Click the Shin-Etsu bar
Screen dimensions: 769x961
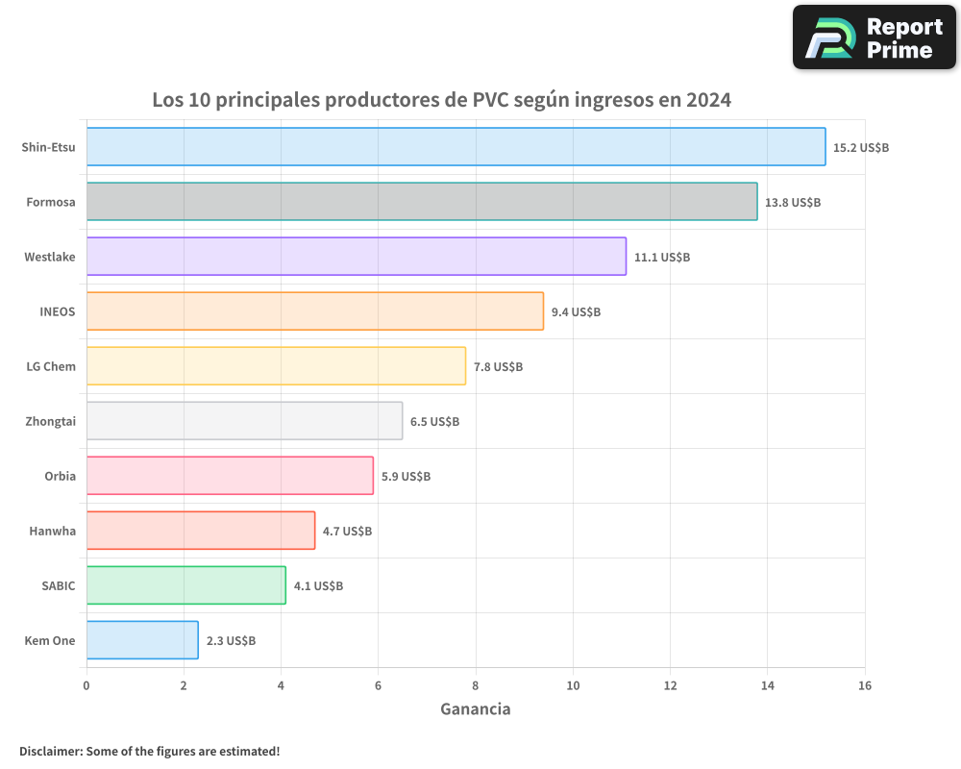click(456, 147)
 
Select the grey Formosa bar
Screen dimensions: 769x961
click(422, 202)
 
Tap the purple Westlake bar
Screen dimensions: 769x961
click(356, 257)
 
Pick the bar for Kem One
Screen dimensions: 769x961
click(142, 640)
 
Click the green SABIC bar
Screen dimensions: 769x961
click(185, 585)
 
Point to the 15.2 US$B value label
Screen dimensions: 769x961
click(861, 148)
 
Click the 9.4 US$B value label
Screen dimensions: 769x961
click(576, 312)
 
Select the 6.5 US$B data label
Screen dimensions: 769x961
click(434, 422)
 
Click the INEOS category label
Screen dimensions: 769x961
click(57, 311)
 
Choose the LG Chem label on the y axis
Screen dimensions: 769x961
click(51, 366)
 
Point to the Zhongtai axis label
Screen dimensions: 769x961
click(50, 421)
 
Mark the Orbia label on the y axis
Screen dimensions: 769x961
click(60, 476)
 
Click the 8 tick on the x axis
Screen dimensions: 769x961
click(476, 685)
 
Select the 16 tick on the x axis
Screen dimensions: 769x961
click(864, 685)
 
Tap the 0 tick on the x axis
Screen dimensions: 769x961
click(86, 685)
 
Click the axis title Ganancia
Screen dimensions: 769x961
click(475, 709)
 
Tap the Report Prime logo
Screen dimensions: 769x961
click(875, 37)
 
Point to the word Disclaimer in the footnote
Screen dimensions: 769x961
click(50, 751)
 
